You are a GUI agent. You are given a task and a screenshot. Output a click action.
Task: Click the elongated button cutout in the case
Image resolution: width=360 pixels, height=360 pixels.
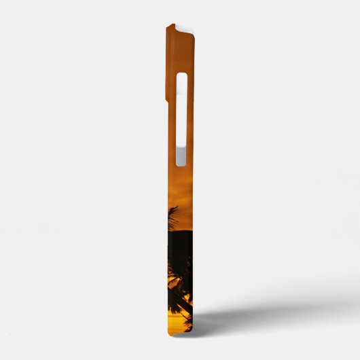tap(181, 119)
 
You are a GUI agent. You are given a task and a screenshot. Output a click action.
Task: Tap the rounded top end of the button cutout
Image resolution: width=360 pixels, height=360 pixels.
tap(181, 77)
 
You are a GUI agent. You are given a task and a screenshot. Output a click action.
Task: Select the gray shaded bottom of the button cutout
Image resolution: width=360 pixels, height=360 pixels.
tap(181, 158)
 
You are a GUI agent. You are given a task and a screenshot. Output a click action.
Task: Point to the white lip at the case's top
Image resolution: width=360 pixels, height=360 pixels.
tap(180, 26)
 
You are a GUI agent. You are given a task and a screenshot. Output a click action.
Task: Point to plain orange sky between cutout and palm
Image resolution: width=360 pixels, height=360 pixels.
tap(181, 187)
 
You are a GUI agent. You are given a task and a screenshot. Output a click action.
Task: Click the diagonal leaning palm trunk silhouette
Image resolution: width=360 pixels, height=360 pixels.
tap(178, 299)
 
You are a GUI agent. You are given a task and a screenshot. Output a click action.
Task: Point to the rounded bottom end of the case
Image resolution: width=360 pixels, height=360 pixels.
tap(182, 332)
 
